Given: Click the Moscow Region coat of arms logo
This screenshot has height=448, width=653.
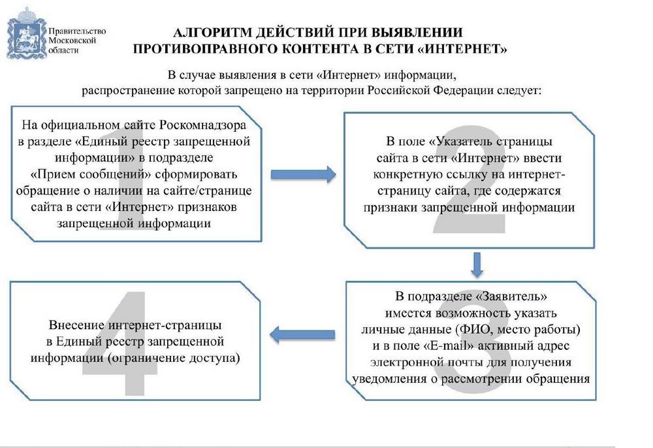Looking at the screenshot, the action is coord(26,33).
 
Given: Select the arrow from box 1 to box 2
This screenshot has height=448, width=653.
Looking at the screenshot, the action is coord(303,174).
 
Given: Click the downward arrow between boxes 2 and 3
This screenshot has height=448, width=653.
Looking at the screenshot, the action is coord(477,264).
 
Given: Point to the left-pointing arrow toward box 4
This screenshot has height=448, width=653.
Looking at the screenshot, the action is coord(302,334).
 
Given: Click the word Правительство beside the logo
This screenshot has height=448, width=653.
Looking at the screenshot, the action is coord(77,31).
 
